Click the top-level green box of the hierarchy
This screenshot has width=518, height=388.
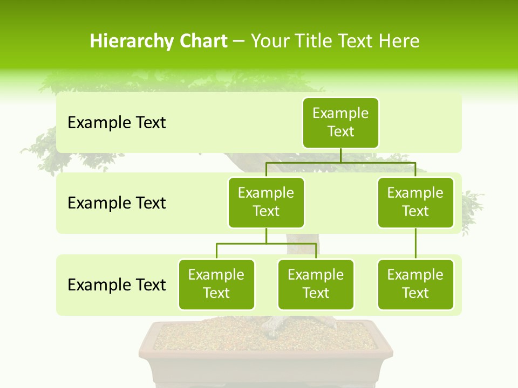(x=340, y=122)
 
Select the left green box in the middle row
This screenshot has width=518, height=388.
(x=266, y=202)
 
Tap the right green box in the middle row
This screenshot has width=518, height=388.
(x=415, y=202)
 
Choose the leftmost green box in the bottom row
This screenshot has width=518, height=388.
(x=216, y=284)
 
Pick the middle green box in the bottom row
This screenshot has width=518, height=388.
(x=316, y=284)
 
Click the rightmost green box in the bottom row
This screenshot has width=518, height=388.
(x=415, y=284)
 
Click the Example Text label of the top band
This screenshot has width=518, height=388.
(x=117, y=123)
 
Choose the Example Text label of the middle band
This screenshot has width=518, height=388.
(x=117, y=203)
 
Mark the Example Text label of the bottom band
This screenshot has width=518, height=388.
(x=117, y=285)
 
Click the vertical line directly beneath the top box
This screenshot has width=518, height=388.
(x=340, y=155)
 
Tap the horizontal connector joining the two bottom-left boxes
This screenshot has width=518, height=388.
(x=266, y=244)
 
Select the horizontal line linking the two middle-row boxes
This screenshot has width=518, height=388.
(x=340, y=162)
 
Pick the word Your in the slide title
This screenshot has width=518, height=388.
(x=270, y=41)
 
